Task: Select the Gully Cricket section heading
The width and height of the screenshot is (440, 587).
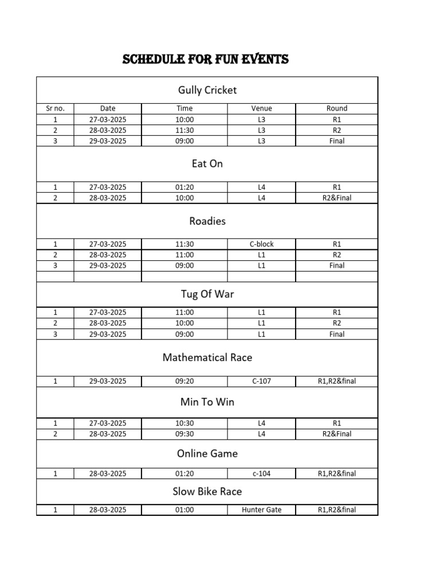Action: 207,90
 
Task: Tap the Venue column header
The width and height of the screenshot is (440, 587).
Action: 261,108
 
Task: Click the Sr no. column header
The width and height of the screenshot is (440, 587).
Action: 55,108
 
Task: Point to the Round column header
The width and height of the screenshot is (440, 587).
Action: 337,108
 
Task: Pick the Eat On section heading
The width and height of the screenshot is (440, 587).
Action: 207,163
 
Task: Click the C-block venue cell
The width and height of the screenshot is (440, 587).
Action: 261,244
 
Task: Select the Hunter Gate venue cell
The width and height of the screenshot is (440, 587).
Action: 261,510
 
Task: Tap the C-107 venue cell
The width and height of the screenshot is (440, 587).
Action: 261,381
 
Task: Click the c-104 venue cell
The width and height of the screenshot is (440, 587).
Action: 261,473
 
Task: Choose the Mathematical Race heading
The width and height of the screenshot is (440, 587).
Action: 207,357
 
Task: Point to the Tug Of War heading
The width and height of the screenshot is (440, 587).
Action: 207,294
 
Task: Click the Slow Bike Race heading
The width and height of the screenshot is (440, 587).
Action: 207,491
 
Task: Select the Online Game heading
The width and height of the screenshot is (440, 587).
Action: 207,453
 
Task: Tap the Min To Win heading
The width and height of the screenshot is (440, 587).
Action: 207,402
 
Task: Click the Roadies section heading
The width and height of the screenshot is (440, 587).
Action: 207,221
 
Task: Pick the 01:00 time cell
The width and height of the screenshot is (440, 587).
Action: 184,510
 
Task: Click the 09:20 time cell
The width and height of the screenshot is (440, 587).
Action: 184,381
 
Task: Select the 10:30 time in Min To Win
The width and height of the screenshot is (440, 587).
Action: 184,423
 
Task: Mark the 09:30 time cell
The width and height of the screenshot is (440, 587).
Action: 184,434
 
